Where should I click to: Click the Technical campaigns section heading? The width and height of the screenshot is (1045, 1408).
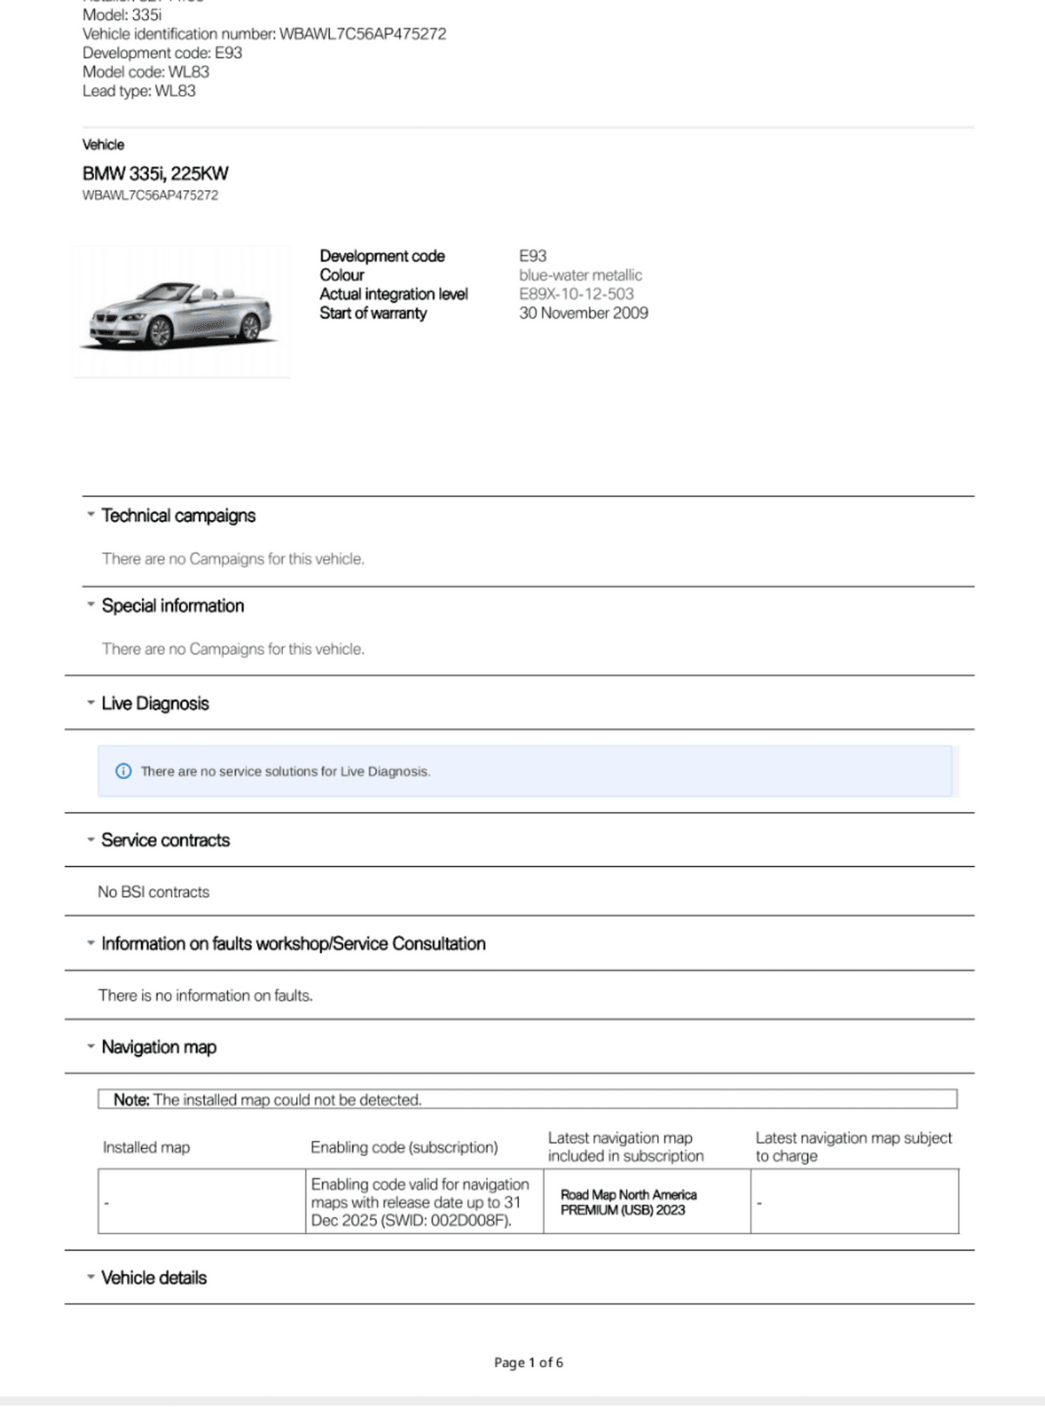pos(179,516)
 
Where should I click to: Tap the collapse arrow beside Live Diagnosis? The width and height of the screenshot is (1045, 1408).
pos(91,703)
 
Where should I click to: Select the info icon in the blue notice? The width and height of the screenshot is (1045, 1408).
pos(124,771)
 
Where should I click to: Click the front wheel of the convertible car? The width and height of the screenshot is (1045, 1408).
pos(159,332)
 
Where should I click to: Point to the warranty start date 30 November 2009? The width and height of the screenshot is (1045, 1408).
pos(583,313)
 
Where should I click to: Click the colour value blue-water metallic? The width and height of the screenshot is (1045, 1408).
pos(580,275)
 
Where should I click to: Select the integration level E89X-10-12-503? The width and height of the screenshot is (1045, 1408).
pos(576,294)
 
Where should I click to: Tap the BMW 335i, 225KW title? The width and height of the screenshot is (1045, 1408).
pos(156,173)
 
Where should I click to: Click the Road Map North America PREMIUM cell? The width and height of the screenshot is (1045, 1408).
pos(629,1202)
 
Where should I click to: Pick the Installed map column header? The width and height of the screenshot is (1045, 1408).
pos(146,1147)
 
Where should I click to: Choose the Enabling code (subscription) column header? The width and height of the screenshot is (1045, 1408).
pos(404,1147)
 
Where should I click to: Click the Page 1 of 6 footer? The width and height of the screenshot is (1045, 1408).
pos(529,1363)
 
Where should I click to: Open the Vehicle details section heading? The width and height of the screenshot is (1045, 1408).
pos(154,1278)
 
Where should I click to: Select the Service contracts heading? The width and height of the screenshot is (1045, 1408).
pos(165,841)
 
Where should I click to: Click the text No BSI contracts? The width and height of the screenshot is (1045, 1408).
pos(154,892)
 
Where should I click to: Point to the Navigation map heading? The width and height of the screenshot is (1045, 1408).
pos(158,1047)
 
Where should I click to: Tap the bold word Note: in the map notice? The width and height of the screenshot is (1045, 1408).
pos(131,1100)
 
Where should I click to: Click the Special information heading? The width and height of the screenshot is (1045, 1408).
pos(172,606)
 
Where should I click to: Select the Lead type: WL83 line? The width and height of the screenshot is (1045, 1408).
pos(139,91)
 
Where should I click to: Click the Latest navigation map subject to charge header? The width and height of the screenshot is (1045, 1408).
pos(853,1147)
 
